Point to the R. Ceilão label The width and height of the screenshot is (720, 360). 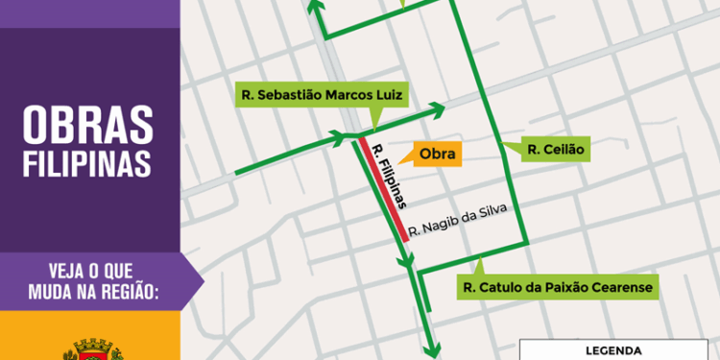pyautogui.click(x=556, y=150)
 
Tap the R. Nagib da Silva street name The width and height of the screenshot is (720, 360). pyautogui.click(x=456, y=220)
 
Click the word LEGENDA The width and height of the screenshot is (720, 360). pyautogui.click(x=619, y=351)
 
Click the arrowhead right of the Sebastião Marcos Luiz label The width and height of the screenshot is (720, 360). pyautogui.click(x=438, y=107)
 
